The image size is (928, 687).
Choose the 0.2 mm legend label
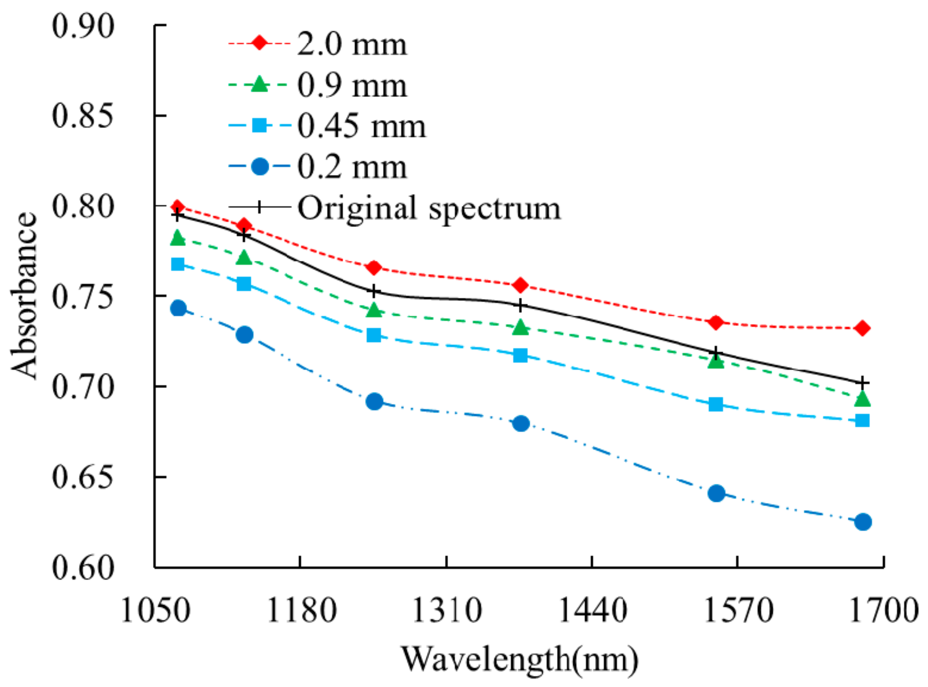click(x=352, y=167)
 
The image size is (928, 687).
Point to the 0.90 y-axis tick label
click(x=83, y=26)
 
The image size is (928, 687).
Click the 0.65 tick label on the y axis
click(x=83, y=477)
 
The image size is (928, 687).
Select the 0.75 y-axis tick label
click(x=83, y=297)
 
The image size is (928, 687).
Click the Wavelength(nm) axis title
click(x=519, y=659)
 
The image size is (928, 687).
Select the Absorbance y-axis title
click(x=24, y=296)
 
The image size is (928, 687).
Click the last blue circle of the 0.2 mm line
click(x=863, y=522)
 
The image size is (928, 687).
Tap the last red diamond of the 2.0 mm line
click(x=862, y=328)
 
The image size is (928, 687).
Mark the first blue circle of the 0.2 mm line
click(x=178, y=309)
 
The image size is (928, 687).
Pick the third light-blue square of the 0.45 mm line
click(x=374, y=335)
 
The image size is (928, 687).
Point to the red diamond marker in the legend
click(x=259, y=43)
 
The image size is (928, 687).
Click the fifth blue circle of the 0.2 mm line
click(x=716, y=494)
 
